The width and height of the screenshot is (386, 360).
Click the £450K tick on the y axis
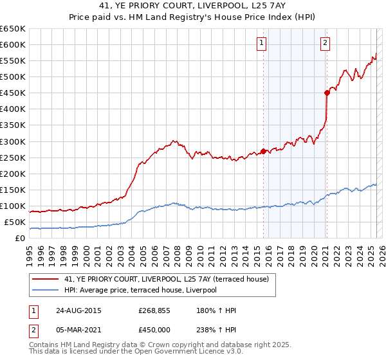[13, 93]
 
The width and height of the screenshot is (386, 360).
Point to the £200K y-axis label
[13, 174]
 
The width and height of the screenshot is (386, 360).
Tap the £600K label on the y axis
[13, 44]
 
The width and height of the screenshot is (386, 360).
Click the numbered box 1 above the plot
[262, 43]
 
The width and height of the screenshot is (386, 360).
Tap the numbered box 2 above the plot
[326, 43]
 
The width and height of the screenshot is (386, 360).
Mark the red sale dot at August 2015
[264, 152]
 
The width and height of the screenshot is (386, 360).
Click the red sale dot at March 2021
[327, 93]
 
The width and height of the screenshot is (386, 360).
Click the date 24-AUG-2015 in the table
[78, 310]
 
